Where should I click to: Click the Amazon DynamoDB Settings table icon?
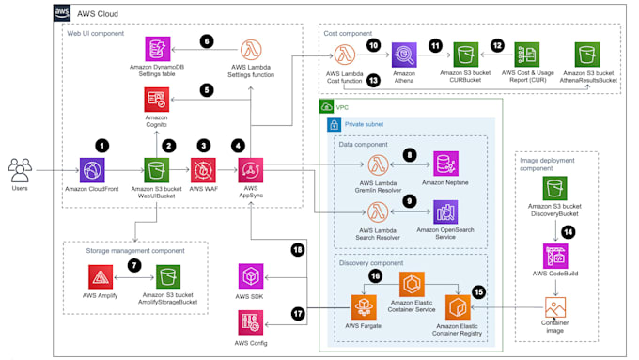(156, 50)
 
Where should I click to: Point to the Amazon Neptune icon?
(445, 164)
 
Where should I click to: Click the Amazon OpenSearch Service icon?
(445, 211)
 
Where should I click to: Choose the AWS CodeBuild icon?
(553, 256)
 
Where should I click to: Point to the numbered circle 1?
(103, 145)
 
